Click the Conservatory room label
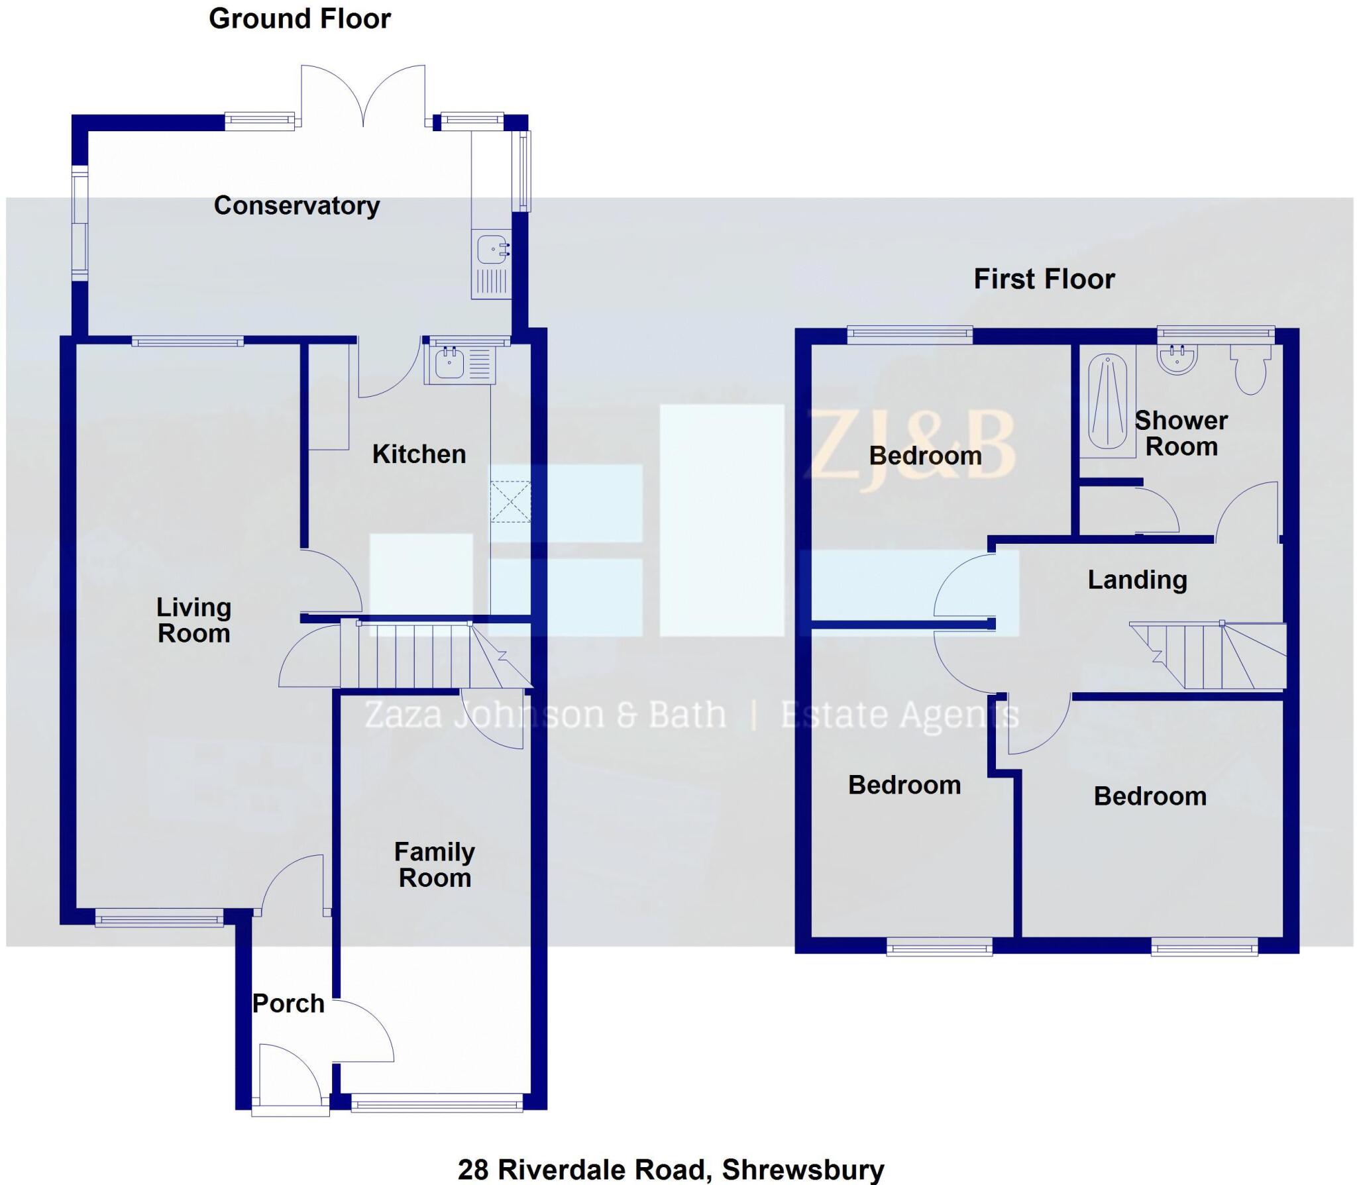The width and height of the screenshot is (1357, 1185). click(296, 206)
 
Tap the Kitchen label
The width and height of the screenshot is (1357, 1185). click(419, 454)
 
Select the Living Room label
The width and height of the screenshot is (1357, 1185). click(193, 620)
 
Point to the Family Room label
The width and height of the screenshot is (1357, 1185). click(435, 864)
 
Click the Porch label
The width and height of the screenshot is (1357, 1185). click(288, 1004)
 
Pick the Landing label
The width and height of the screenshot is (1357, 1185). click(1137, 580)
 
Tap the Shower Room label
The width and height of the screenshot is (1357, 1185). click(1181, 433)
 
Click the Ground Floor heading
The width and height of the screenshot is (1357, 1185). click(299, 19)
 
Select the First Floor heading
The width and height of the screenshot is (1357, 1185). click(1044, 279)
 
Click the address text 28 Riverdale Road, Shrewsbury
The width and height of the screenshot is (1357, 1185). click(671, 1170)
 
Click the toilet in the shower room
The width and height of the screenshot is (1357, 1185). click(1250, 375)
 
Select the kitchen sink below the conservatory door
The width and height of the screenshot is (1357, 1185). click(461, 365)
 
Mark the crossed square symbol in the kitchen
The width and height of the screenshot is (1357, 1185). click(510, 502)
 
